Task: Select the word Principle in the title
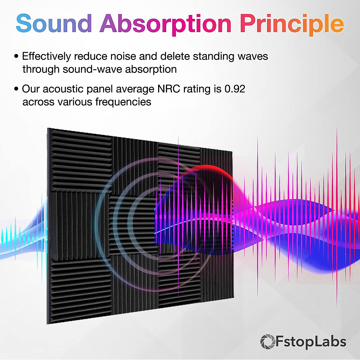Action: click(x=292, y=24)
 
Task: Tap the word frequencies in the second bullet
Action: click(x=123, y=102)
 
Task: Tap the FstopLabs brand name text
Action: click(x=311, y=342)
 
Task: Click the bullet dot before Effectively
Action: click(x=16, y=56)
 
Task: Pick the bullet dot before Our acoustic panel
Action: click(x=16, y=89)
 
